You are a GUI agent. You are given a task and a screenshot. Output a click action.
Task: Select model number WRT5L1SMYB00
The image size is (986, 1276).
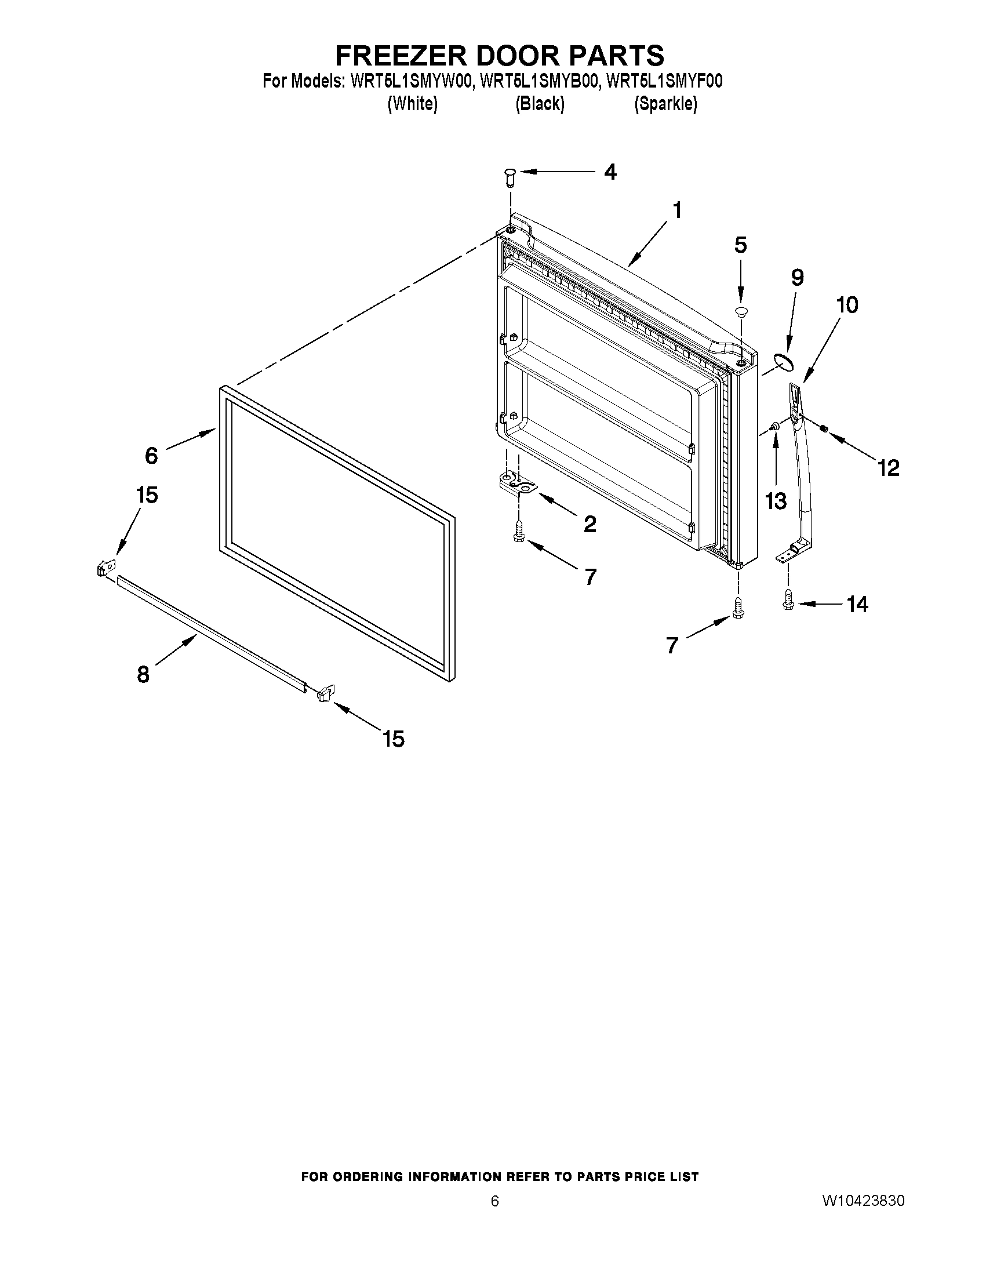(539, 82)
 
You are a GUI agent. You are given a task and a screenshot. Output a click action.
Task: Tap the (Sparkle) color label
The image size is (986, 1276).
(665, 104)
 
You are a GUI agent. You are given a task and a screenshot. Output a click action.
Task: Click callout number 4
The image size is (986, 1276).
(610, 172)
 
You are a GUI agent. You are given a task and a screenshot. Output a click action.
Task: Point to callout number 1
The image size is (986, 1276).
(677, 210)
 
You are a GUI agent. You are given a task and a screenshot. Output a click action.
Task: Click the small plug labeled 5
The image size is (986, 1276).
(741, 311)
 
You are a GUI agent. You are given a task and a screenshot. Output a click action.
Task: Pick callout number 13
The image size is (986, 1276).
(776, 500)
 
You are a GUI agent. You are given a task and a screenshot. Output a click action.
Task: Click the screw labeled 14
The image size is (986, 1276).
(787, 604)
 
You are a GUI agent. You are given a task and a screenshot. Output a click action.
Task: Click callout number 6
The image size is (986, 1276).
(151, 455)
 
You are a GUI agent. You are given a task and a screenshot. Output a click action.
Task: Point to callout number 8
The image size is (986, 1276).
(143, 674)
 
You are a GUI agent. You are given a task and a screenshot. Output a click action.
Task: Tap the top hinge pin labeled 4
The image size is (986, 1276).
(510, 176)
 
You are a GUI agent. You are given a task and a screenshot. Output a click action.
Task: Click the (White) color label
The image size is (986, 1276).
(412, 104)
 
